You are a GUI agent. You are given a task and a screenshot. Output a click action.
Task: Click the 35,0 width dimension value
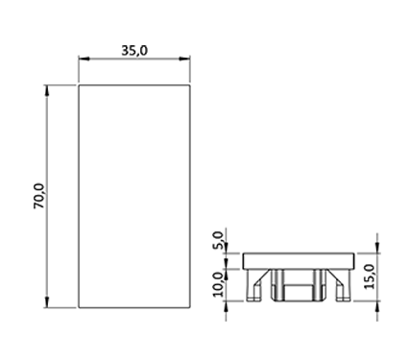point(134,51)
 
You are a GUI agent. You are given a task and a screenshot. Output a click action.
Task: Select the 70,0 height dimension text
point(39,196)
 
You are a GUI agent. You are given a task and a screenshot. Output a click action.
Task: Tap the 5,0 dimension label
point(218,240)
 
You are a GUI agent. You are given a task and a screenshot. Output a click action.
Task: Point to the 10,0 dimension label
point(219,284)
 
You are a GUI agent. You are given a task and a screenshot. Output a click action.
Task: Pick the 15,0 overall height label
point(370,276)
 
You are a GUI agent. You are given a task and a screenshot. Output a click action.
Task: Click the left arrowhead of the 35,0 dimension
point(84,59)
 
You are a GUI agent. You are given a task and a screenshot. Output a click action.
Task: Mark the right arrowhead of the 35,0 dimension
point(185,59)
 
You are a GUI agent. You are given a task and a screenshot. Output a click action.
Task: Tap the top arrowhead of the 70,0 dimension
point(47,90)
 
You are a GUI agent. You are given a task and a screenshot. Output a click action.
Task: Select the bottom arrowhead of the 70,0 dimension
point(47,302)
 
